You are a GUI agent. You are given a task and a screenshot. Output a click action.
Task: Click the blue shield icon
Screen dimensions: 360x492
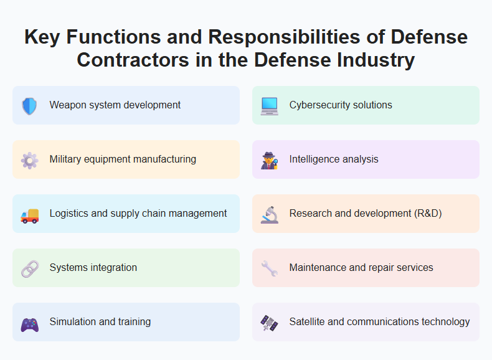[x=29, y=106]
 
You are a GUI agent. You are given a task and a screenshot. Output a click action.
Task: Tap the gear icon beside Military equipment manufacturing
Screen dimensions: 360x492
[x=29, y=160]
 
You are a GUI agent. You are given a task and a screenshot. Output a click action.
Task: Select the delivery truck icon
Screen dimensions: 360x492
[x=29, y=214]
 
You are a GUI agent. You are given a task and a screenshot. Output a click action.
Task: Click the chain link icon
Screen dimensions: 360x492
[x=29, y=268]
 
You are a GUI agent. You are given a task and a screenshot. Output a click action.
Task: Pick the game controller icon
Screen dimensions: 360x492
[x=29, y=323]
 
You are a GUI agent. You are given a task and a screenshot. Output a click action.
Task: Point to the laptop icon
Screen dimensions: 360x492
[x=269, y=106]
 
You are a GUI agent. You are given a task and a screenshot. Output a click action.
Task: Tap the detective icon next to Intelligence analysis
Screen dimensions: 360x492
[x=269, y=160]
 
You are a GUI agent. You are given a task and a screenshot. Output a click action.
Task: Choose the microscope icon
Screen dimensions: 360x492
[x=269, y=214]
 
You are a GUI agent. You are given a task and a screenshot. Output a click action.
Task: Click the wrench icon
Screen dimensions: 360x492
[x=269, y=268]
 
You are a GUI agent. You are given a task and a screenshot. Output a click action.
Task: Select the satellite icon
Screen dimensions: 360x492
[x=269, y=323]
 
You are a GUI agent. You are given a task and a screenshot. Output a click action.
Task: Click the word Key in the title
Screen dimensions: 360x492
[x=42, y=37]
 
